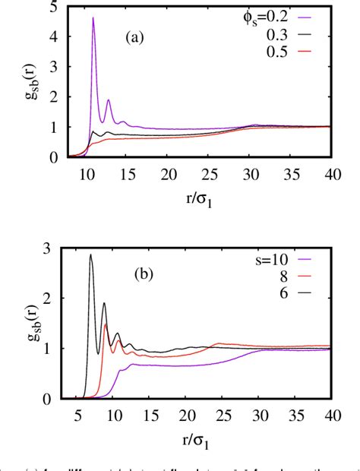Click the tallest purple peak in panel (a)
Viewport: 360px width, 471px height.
(x=93, y=18)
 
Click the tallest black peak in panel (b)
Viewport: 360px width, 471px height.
(x=91, y=255)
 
